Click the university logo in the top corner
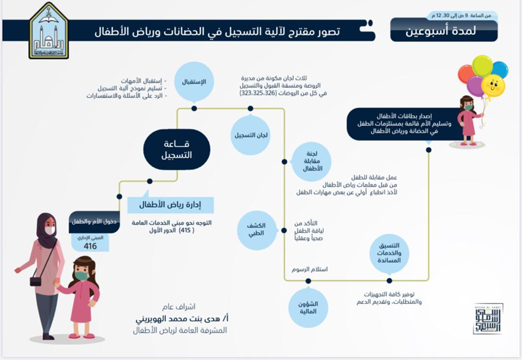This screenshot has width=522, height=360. [48, 31]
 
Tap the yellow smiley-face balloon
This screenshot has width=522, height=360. [493, 85]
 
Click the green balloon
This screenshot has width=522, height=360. [483, 64]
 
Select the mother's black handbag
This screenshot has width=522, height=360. [36, 280]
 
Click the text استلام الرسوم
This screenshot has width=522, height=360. [310, 269]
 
